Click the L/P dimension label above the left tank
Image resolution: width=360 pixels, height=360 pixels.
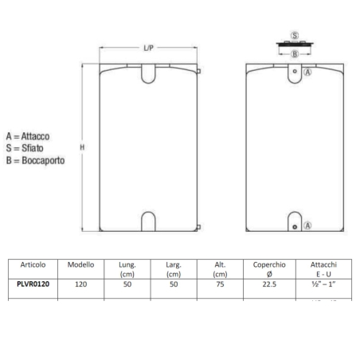[148, 49]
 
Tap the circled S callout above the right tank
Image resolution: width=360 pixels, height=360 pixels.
[295, 37]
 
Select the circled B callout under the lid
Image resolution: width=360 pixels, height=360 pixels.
[295, 54]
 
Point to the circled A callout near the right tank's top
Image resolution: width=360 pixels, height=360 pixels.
[308, 72]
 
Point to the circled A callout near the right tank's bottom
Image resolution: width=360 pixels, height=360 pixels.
[308, 226]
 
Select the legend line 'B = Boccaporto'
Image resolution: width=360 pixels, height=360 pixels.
[34, 159]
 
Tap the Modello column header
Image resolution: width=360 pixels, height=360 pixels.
[80, 264]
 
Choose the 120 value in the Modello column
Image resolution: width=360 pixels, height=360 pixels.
[80, 284]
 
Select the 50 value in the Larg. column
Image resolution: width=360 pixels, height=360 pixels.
[174, 284]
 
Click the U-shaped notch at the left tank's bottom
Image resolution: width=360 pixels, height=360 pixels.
[149, 221]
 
